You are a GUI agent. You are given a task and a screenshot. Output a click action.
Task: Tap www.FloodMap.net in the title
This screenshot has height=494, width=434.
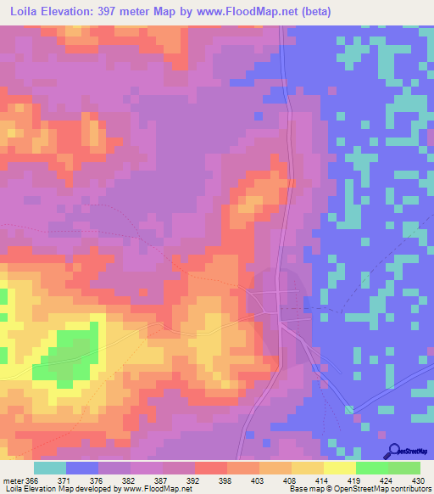click(246, 11)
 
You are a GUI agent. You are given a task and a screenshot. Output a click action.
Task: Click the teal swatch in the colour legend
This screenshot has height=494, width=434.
click(50, 468)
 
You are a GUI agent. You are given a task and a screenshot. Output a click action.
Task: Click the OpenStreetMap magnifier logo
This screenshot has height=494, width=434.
click(392, 451)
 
